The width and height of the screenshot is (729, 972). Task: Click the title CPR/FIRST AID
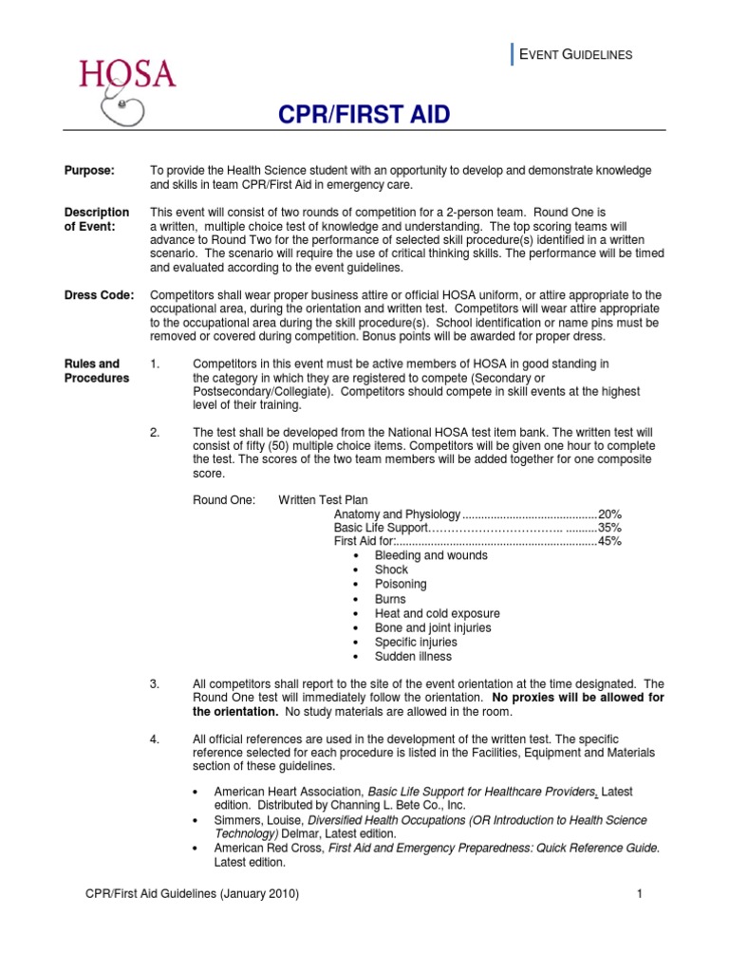click(364, 116)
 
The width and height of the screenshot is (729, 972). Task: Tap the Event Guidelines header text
click(573, 55)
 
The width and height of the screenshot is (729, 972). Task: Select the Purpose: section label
click(89, 170)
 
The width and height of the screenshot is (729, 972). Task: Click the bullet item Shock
click(391, 570)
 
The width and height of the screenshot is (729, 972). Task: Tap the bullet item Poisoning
click(401, 585)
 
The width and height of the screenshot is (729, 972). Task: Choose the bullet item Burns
click(390, 600)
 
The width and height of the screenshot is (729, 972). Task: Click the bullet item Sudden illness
click(413, 657)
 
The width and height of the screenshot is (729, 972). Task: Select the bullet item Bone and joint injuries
click(433, 628)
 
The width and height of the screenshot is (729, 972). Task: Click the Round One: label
click(223, 499)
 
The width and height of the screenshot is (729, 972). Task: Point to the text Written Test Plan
click(323, 499)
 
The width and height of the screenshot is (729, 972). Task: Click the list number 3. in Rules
click(157, 683)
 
